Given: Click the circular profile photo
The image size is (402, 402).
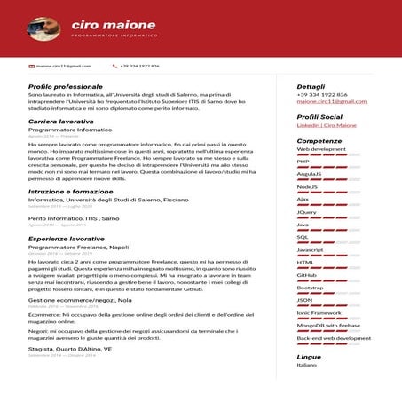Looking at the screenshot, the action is point(44,28).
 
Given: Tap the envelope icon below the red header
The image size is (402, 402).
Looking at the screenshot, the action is point(32,66).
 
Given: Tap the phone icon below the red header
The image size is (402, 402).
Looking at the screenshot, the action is point(114,66).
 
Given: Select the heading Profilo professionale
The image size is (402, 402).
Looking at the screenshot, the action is point(66,86).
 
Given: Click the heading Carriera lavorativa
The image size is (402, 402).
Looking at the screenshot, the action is point(61,121).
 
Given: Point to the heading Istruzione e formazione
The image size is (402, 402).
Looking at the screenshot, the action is point(70,191).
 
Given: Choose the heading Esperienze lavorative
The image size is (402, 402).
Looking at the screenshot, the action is point(67,239).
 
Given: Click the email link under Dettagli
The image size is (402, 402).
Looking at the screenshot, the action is point(331,101).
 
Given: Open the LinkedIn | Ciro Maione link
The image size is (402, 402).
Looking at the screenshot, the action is point(327,125).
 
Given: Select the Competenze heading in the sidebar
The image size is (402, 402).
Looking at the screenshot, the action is point(319,140).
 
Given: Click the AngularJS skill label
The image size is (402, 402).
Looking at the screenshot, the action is point(310,174).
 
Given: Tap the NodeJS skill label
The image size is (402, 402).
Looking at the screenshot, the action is point(307,186).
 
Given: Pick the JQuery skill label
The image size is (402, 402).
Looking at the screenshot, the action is point(307,212).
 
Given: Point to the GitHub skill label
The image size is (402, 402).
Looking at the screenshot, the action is point(307,275).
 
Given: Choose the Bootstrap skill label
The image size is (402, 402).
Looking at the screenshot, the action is point(310,288).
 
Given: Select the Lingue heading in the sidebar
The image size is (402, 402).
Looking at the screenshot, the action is point(309,356).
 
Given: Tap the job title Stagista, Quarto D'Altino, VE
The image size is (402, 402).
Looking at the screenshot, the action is point(70,349).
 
